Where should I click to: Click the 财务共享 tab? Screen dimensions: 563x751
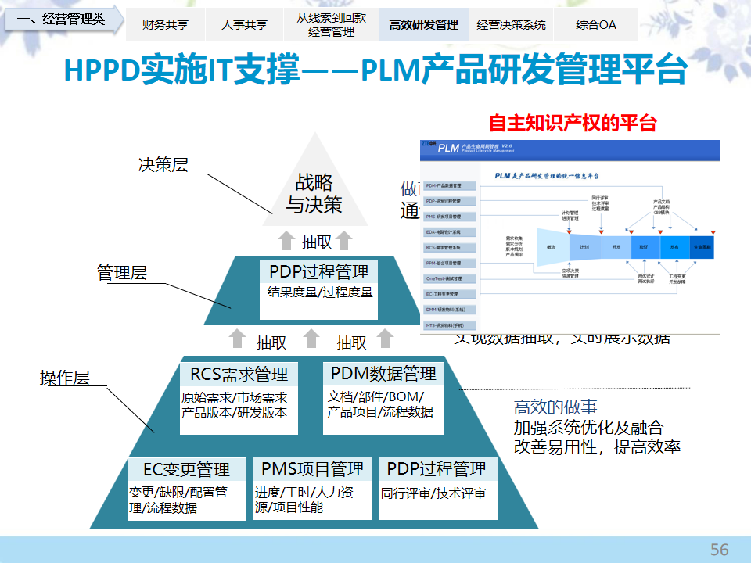pyautogui.click(x=166, y=24)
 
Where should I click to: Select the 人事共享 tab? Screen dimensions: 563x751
pyautogui.click(x=244, y=24)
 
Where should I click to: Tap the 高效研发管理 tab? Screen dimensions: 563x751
pyautogui.click(x=423, y=24)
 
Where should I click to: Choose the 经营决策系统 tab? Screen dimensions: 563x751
pyautogui.click(x=511, y=24)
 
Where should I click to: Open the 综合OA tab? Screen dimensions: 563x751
pyautogui.click(x=595, y=24)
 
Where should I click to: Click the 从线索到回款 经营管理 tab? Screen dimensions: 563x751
pyautogui.click(x=331, y=24)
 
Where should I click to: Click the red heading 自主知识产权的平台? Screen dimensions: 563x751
pyautogui.click(x=572, y=123)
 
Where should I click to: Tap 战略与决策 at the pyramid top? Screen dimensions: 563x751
pyautogui.click(x=314, y=193)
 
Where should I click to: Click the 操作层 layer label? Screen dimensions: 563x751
pyautogui.click(x=65, y=378)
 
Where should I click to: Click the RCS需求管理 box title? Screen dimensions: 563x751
pyautogui.click(x=239, y=374)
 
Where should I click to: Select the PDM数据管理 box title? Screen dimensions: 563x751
pyautogui.click(x=383, y=373)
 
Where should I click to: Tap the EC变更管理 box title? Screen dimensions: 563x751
pyautogui.click(x=186, y=470)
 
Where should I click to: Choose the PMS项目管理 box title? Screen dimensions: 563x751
pyautogui.click(x=312, y=469)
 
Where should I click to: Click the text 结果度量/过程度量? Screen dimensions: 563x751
pyautogui.click(x=319, y=292)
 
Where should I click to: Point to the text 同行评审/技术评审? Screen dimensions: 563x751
pyautogui.click(x=433, y=493)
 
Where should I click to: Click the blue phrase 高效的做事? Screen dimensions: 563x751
pyautogui.click(x=555, y=407)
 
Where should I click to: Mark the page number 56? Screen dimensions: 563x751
pyautogui.click(x=719, y=549)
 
